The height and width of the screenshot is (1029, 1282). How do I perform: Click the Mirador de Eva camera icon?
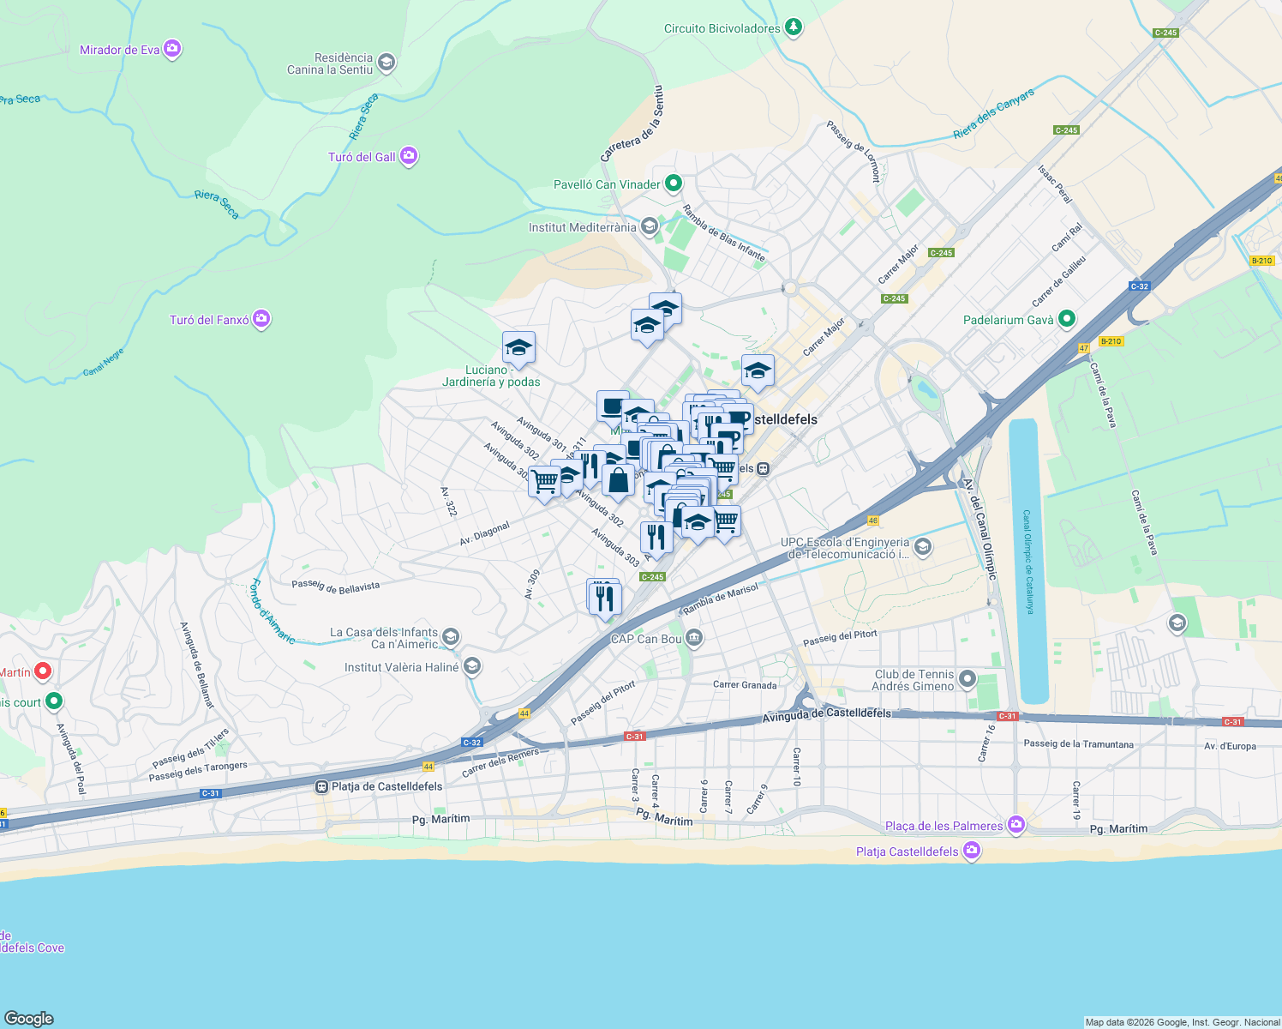pos(172,49)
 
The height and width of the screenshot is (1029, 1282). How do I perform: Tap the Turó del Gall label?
pos(362,157)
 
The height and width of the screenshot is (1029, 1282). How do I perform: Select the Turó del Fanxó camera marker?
pos(261,320)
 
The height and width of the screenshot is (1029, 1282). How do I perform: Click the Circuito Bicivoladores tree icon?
pos(794,28)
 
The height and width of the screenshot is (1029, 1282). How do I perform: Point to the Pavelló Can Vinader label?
pos(607,184)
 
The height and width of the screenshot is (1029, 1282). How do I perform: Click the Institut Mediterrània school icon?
pos(650,226)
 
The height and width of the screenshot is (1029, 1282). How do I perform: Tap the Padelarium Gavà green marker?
pos(1067,320)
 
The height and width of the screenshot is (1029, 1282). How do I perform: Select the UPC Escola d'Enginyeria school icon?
pos(923,547)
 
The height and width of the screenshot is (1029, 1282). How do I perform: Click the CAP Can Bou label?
pos(646,639)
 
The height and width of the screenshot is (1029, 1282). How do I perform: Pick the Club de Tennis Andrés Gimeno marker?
pos(967,680)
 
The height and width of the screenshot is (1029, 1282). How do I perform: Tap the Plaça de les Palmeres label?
pos(944,826)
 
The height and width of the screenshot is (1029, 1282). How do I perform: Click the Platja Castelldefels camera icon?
pos(971,851)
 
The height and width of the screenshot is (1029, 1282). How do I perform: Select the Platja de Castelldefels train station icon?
pos(321,786)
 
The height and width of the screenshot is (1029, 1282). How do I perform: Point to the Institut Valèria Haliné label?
pos(401,667)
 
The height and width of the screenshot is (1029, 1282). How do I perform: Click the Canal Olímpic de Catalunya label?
pos(1028,562)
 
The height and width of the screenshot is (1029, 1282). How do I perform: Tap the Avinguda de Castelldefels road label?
pos(826,713)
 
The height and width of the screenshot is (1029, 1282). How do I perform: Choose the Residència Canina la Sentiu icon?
pos(386,63)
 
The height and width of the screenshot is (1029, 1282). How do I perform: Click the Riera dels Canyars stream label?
pos(993,114)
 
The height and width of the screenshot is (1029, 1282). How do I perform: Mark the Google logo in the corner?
pos(28,1018)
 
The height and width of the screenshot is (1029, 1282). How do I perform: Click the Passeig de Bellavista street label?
pos(335,586)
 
